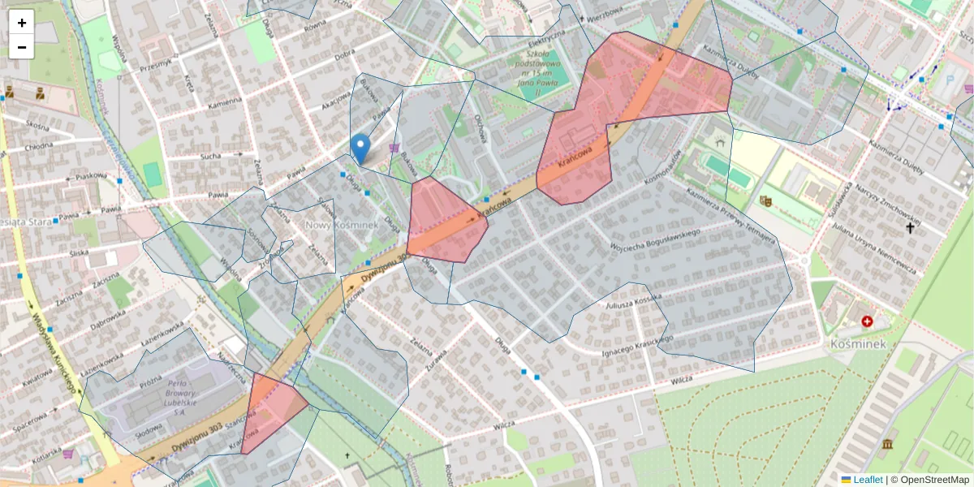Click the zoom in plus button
point(21,23)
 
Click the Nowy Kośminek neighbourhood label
point(342,224)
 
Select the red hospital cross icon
point(867,322)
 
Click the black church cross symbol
point(910,229)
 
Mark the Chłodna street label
point(38,147)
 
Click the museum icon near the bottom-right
point(887,444)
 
